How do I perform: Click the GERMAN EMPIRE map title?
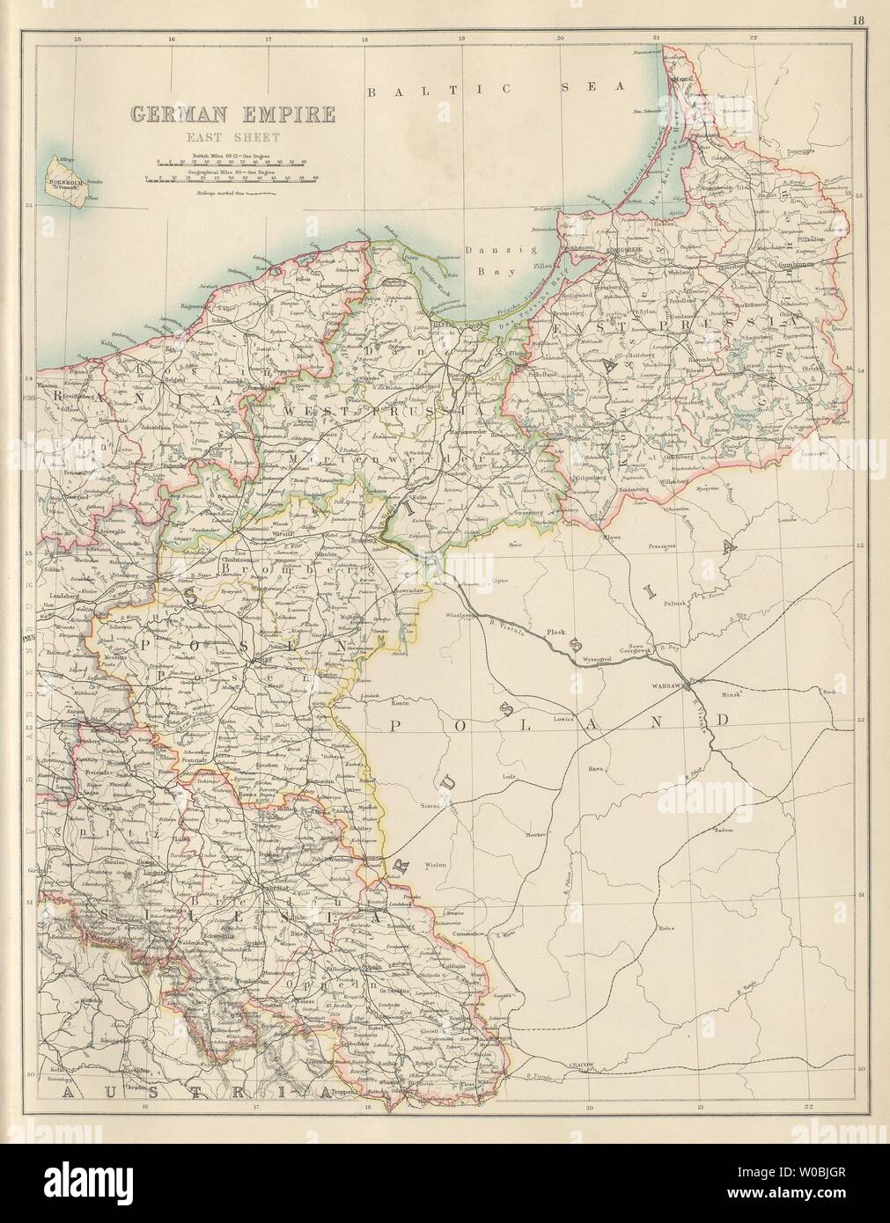(232, 114)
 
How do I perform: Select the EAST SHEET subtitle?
(232, 136)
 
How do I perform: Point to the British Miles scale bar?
(232, 164)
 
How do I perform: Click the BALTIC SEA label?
(496, 89)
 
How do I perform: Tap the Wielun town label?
(438, 865)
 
